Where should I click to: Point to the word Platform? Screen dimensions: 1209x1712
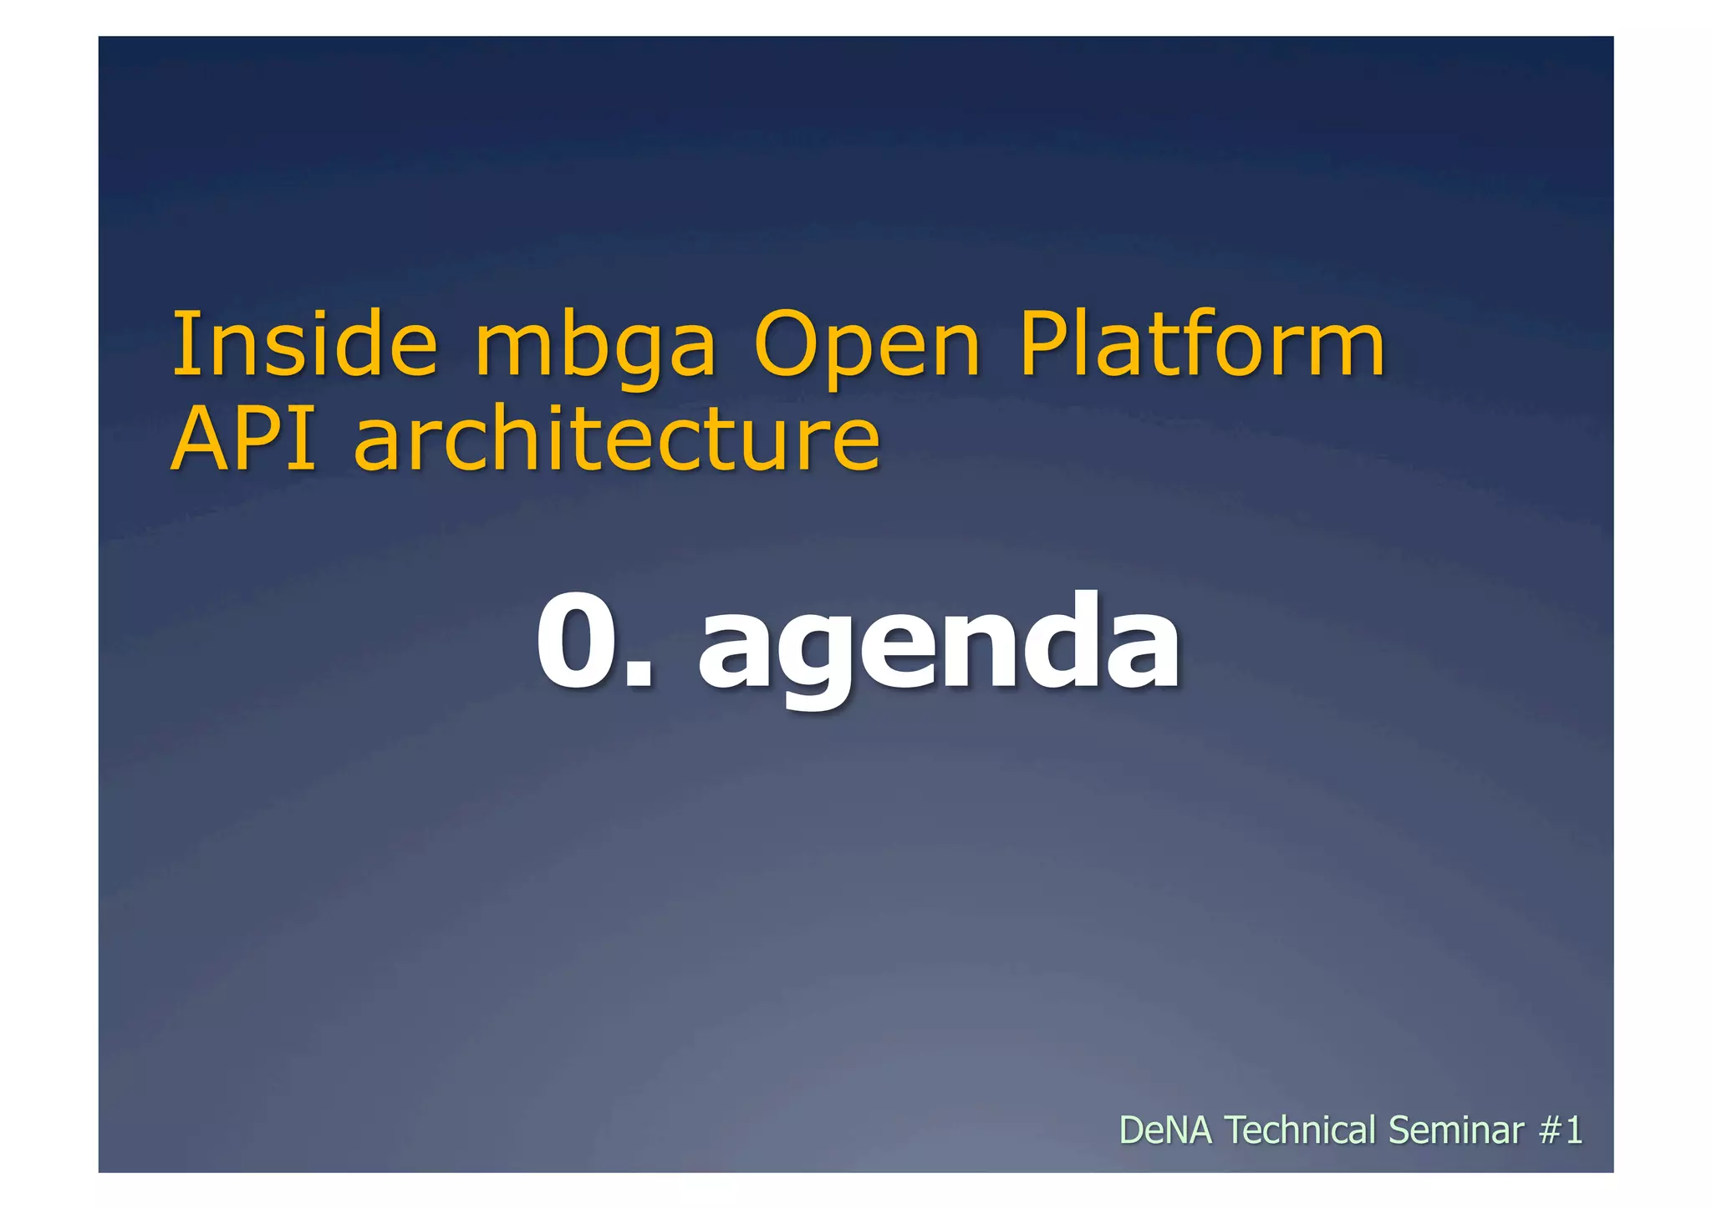click(1201, 344)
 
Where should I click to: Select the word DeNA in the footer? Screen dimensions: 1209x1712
click(1164, 1130)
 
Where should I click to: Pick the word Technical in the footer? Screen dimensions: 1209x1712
click(1300, 1130)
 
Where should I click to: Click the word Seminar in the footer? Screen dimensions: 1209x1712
click(1456, 1130)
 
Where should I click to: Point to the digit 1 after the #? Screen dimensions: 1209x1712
click(1574, 1130)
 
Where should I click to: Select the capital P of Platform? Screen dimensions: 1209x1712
click(1042, 344)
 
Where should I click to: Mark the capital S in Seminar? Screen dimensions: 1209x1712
click(1400, 1130)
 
